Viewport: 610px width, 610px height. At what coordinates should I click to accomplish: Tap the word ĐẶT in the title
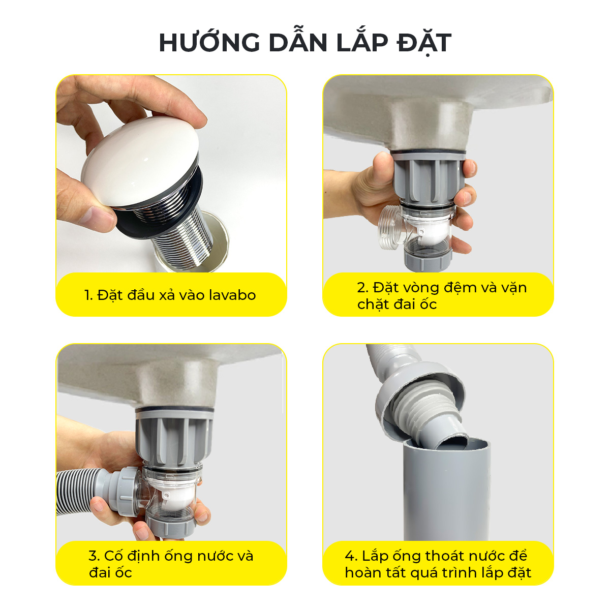[x=424, y=43]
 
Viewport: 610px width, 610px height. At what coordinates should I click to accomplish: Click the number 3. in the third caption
[x=95, y=556]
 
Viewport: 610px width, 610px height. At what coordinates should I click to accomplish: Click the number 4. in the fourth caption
[x=351, y=556]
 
